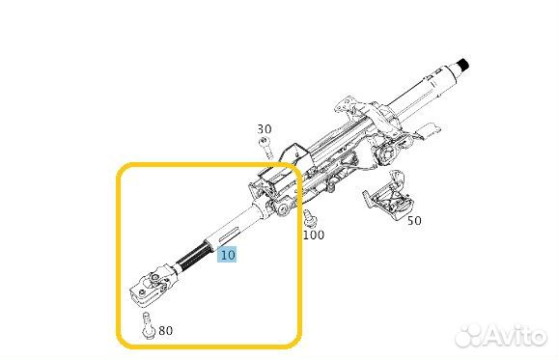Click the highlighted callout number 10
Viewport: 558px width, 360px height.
(x=227, y=255)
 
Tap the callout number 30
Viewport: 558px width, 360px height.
(x=265, y=128)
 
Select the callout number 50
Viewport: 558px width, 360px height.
(x=414, y=221)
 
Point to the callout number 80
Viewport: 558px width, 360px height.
(x=165, y=330)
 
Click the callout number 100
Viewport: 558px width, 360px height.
(x=314, y=235)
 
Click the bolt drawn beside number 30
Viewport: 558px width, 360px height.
(x=265, y=148)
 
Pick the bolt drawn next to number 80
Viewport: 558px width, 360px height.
(x=148, y=326)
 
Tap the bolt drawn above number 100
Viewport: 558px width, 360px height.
(x=309, y=218)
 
